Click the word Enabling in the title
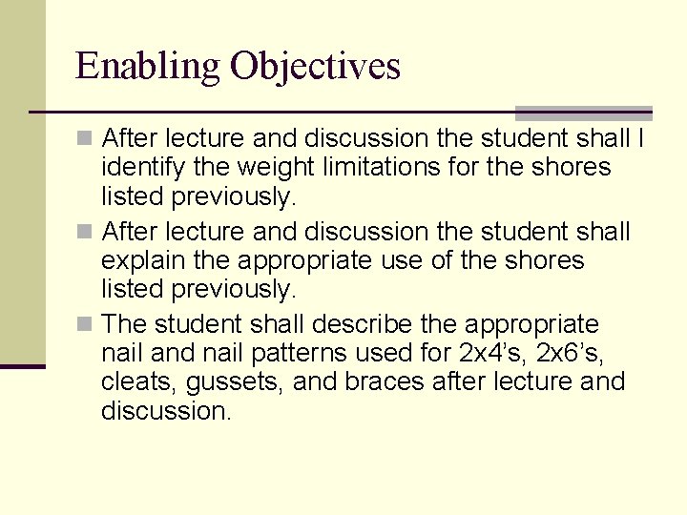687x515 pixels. pyautogui.click(x=148, y=67)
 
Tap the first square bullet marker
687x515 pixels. pyautogui.click(x=86, y=139)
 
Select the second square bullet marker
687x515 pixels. pyautogui.click(x=86, y=232)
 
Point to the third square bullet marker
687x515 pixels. pyautogui.click(x=86, y=324)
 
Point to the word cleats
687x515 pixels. pyautogui.click(x=131, y=382)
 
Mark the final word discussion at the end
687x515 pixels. pyautogui.click(x=166, y=411)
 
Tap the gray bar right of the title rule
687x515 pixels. pyautogui.click(x=584, y=113)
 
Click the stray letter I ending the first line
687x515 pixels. pyautogui.click(x=641, y=139)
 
